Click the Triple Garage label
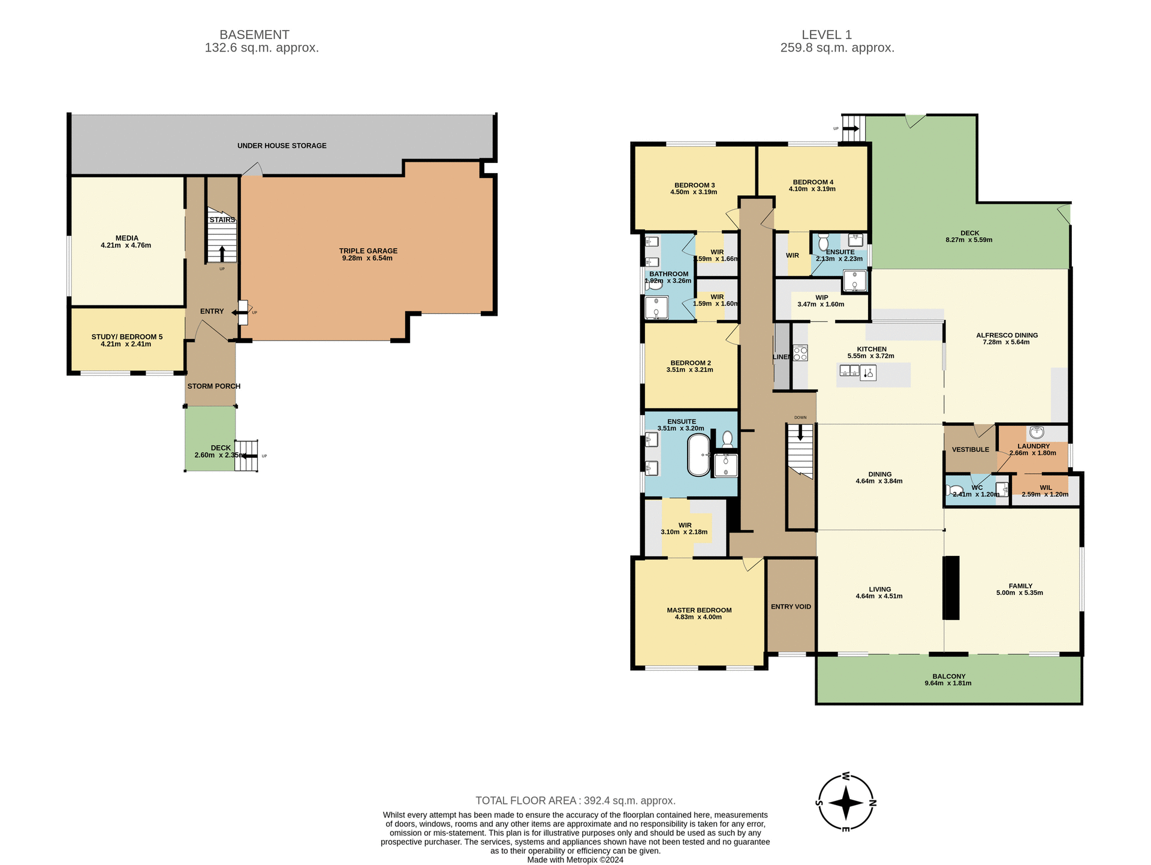click(368, 251)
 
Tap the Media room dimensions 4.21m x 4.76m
click(126, 246)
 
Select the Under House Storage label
click(282, 146)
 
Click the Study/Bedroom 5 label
click(126, 337)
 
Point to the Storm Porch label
click(213, 386)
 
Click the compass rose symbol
click(845, 803)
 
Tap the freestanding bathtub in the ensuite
click(698, 455)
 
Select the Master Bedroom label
click(699, 610)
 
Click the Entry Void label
click(791, 607)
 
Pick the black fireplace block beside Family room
click(951, 588)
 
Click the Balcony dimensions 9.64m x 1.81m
click(948, 683)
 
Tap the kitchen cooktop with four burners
click(800, 353)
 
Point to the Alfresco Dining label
click(1007, 335)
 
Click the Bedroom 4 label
click(813, 182)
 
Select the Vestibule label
click(971, 450)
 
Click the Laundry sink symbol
click(1037, 432)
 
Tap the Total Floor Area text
click(575, 800)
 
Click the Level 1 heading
click(826, 35)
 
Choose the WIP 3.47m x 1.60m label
click(821, 301)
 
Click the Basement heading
click(254, 35)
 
